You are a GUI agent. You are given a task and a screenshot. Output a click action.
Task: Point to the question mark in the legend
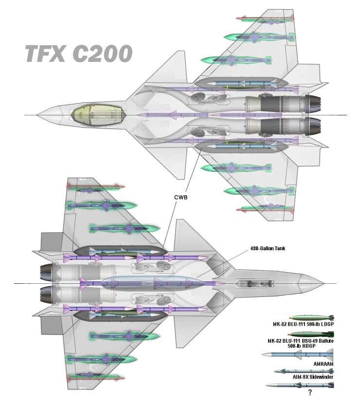click(x=310, y=391)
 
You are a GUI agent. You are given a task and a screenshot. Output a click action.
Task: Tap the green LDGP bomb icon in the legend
click(x=311, y=318)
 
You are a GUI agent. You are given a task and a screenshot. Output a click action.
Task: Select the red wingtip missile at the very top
click(x=265, y=19)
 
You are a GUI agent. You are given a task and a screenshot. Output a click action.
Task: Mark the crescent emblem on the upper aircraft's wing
click(x=266, y=200)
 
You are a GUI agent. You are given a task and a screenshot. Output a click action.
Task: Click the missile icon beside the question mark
click(x=299, y=385)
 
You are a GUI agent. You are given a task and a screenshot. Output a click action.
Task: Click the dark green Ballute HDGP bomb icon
click(x=311, y=334)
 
